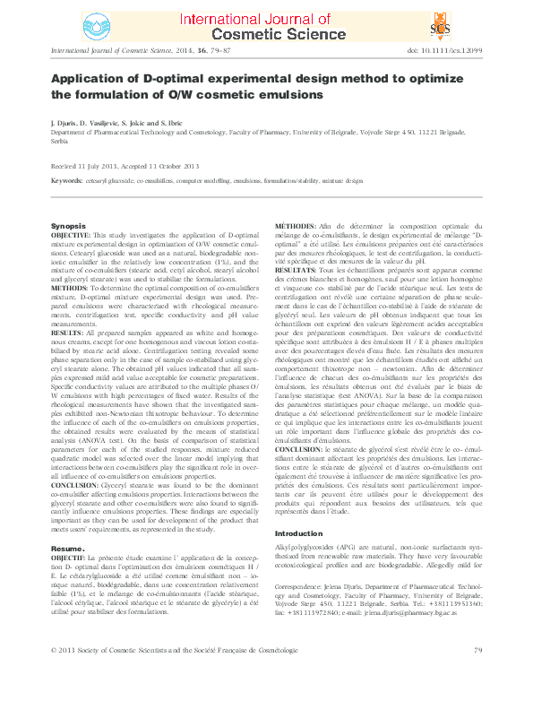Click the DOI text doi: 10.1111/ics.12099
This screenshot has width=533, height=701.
(444, 51)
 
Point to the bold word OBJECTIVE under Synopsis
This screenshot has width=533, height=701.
(71, 234)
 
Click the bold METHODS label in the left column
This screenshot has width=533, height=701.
(70, 290)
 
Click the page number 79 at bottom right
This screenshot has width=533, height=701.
(477, 673)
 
